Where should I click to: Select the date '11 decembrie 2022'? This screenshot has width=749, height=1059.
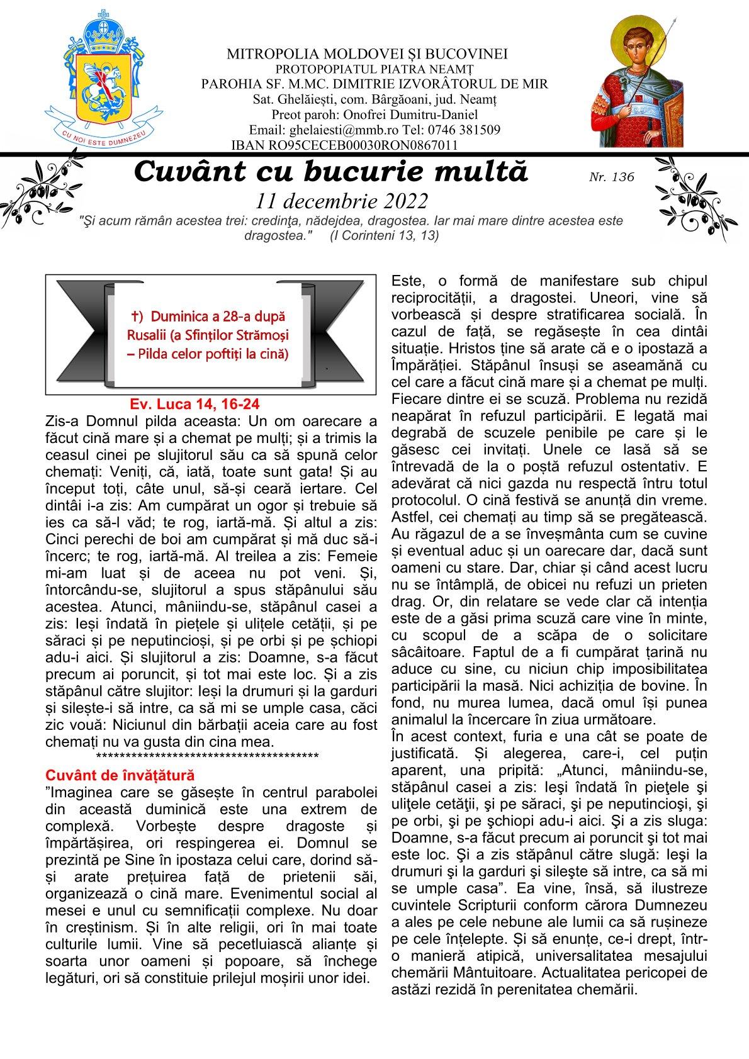pyautogui.click(x=342, y=201)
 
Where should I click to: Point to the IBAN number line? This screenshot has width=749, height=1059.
pyautogui.click(x=344, y=145)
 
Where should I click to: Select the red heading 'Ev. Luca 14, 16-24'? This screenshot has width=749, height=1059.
pyautogui.click(x=195, y=405)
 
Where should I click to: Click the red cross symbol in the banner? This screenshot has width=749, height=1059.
pyautogui.click(x=134, y=317)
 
